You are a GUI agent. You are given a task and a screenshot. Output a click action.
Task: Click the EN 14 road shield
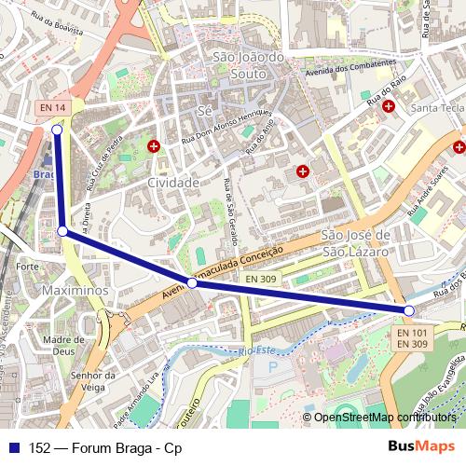(53, 108)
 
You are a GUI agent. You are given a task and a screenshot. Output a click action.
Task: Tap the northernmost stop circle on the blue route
(57, 130)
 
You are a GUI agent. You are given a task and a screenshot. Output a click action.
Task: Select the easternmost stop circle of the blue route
(409, 310)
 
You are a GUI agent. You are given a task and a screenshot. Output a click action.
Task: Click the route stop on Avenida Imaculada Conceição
(191, 282)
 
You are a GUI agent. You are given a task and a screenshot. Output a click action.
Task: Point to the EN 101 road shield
(411, 333)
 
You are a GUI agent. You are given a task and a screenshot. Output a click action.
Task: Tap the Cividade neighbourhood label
(173, 183)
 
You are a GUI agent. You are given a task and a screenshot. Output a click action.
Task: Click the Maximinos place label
(75, 291)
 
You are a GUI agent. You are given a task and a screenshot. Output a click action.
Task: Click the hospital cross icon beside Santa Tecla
(388, 106)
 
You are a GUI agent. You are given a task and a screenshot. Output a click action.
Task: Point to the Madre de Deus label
(64, 346)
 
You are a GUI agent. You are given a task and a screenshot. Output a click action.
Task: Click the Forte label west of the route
(27, 267)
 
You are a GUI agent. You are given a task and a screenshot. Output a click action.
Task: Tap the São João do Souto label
(248, 64)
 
